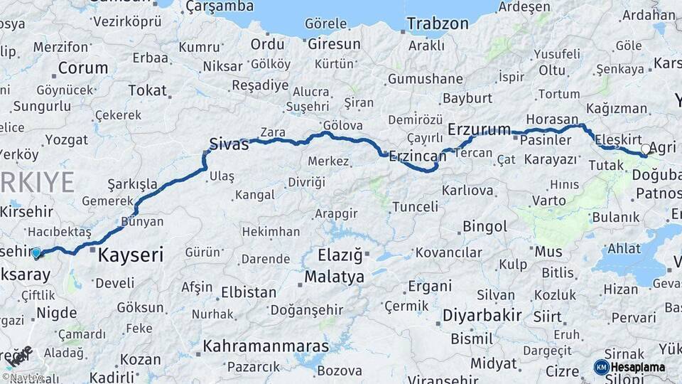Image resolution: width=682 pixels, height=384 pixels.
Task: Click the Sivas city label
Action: click(229, 145)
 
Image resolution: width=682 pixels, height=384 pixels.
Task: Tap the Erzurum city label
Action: click(480, 129)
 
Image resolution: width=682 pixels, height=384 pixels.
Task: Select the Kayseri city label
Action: click(130, 255)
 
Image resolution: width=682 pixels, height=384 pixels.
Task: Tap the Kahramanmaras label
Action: click(266, 346)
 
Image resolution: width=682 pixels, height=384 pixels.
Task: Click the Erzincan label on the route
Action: click(417, 154)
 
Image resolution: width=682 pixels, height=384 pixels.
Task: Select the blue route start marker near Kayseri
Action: click(36, 252)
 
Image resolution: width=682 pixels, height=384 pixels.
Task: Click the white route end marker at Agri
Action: click(645, 149)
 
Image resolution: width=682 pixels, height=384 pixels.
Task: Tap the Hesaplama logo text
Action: click(638, 367)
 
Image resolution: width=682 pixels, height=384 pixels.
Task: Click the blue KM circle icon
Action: click(601, 367)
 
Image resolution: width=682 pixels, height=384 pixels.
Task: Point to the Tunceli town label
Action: click(416, 207)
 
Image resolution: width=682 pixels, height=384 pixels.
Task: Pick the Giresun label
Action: click(334, 44)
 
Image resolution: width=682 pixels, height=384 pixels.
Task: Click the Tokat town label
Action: click(147, 90)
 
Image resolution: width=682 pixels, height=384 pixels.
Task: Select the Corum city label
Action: click(83, 68)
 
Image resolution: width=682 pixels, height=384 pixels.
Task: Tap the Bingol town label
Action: click(485, 227)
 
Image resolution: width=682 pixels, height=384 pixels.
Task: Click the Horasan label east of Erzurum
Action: click(553, 119)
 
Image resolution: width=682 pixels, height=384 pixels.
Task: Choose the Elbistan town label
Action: click(249, 292)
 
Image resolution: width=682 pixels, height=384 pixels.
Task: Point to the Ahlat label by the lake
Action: click(624, 248)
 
